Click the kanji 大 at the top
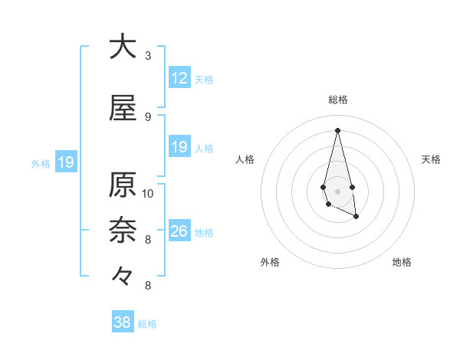123,46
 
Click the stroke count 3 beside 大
148,56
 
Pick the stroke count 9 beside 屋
148,117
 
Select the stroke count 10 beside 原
148,193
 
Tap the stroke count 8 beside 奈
148,240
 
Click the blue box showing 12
179,78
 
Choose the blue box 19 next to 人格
179,147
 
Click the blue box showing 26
179,231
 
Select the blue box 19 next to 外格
66,162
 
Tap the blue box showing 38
123,322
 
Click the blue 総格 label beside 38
147,324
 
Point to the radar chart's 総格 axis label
337,100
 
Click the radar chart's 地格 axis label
402,262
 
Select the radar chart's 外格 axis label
270,262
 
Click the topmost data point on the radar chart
337,129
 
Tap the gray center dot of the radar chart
337,191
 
